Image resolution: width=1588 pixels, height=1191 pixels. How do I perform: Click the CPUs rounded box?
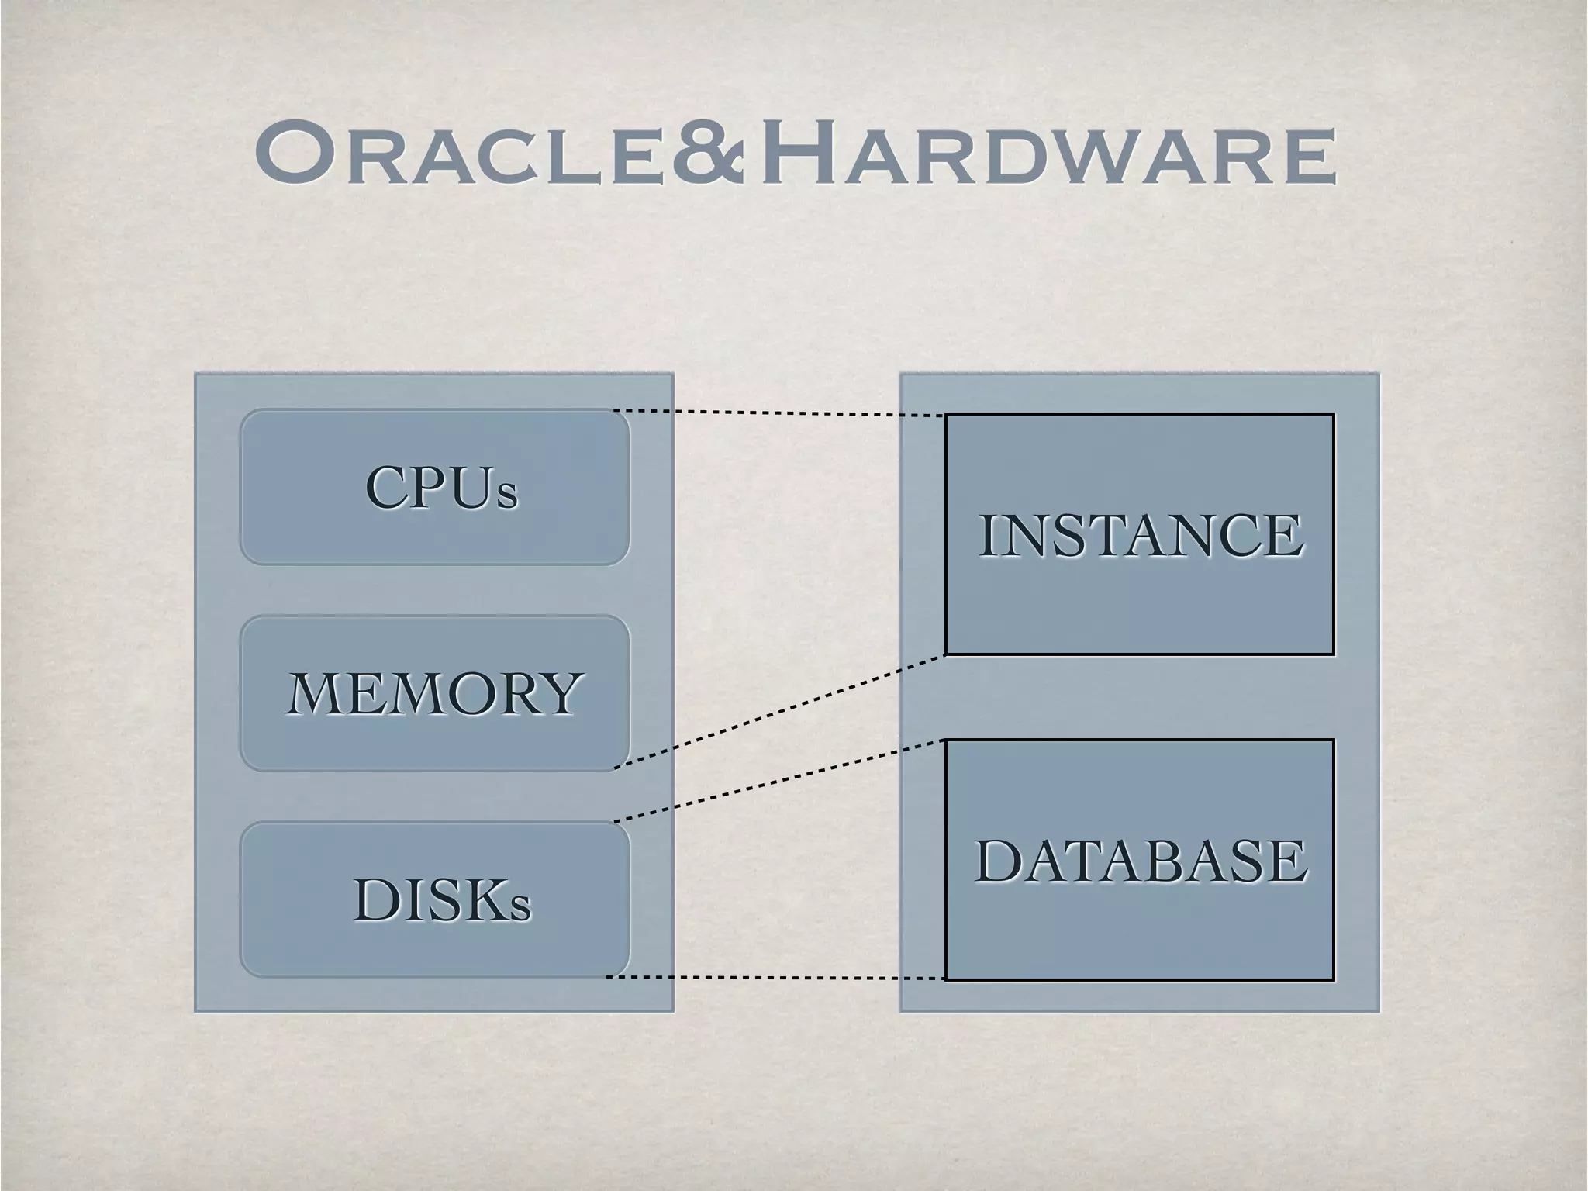(434, 487)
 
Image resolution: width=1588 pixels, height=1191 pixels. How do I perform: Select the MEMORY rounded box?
(434, 692)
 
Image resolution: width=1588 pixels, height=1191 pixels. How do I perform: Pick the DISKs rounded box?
(434, 899)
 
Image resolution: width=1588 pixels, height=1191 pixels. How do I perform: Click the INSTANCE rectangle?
(1139, 534)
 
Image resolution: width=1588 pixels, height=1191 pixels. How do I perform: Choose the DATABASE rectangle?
(1139, 860)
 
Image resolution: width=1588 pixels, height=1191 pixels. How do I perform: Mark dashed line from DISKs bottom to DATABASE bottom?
(775, 979)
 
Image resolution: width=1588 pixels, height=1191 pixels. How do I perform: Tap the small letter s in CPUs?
(507, 496)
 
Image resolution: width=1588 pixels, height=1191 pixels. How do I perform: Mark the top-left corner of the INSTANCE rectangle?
(946, 415)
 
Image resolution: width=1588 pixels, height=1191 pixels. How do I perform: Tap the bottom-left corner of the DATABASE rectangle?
(946, 979)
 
